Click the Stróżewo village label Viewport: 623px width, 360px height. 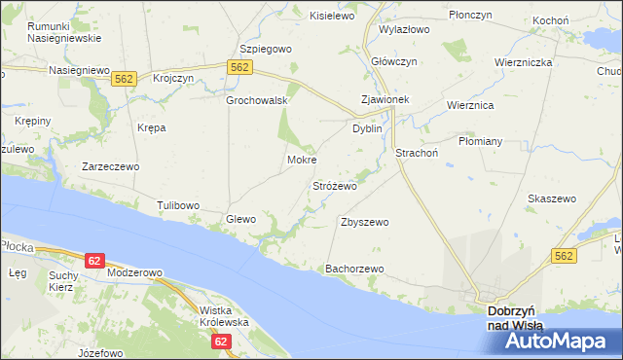[x=334, y=185]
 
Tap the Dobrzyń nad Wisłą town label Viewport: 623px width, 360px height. [x=515, y=317]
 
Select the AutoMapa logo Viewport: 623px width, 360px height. [x=551, y=341]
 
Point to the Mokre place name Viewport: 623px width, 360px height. [x=302, y=160]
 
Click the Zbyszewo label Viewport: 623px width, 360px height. [x=365, y=222]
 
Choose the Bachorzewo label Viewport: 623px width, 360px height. [x=355, y=268]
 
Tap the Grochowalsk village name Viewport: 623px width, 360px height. [x=255, y=100]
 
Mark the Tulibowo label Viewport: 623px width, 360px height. [x=178, y=205]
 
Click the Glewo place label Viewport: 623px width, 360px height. [x=240, y=219]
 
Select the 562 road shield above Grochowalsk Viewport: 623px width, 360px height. [x=241, y=66]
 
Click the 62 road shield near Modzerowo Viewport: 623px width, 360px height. [x=94, y=261]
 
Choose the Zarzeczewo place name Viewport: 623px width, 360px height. [x=110, y=166]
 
